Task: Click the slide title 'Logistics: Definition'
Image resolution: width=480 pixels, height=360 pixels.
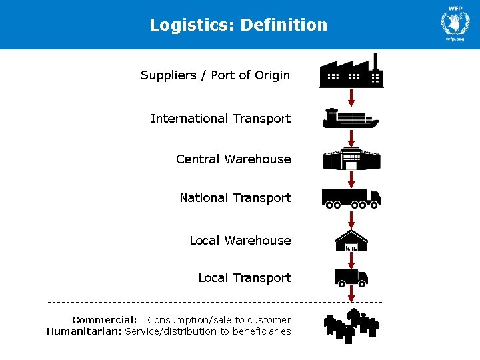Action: coord(239,25)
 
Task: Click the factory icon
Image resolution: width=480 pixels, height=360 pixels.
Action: coord(351,71)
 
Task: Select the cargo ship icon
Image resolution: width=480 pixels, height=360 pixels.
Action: coord(351,119)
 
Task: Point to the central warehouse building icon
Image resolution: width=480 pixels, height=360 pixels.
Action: coord(351,159)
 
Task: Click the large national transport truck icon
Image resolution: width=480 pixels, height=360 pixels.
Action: coord(351,198)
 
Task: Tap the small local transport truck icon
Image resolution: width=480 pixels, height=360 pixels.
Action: coord(351,277)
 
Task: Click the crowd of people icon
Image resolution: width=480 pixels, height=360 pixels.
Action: coord(351,325)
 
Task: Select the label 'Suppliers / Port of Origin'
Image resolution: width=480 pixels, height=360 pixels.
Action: coord(215,75)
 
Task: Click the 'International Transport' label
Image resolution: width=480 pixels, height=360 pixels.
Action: coord(221,119)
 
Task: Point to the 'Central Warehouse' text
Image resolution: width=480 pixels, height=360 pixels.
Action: coord(233,159)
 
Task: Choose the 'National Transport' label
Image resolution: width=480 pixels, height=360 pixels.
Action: coord(235,198)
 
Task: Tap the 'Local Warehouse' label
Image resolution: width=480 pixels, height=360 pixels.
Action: coord(240,241)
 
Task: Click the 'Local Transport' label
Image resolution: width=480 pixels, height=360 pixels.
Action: coord(245,278)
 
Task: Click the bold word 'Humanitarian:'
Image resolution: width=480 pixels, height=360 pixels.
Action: coord(84,331)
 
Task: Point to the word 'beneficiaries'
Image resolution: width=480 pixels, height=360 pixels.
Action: coord(262,331)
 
